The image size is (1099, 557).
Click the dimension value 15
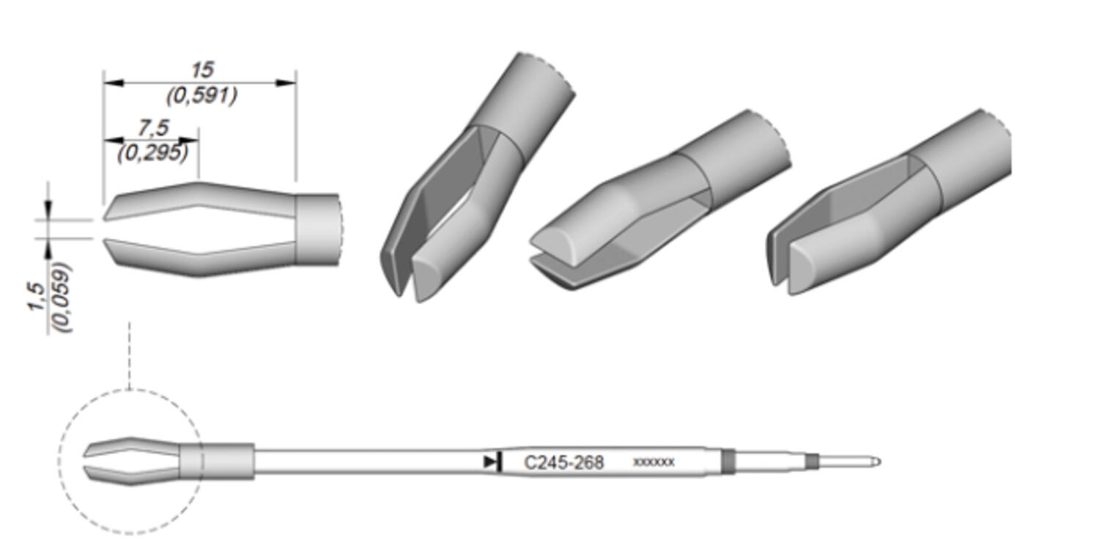[x=202, y=70]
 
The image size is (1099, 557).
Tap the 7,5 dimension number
[x=153, y=128]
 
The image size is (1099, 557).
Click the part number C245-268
[x=563, y=462]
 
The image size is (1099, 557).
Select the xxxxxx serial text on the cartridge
[x=654, y=462]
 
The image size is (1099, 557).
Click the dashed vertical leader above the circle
[x=129, y=355]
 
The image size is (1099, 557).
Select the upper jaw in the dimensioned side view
[x=199, y=200]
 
